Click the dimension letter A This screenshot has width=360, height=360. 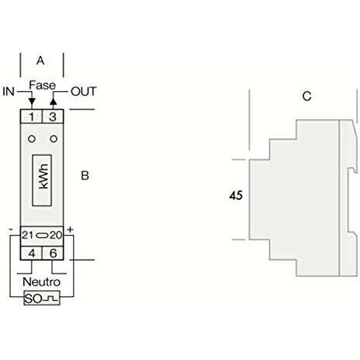coord(40,61)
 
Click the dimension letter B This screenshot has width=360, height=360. coord(85,176)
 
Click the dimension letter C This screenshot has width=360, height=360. coord(307,96)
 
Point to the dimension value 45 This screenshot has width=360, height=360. coord(236,195)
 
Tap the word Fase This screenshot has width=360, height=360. coord(42,85)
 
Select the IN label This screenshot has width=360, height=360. coord(9,92)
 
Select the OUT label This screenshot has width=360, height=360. coord(83,92)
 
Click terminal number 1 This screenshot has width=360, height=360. coord(32,117)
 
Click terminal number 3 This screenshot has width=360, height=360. coord(53,117)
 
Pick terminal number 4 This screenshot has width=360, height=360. coord(32,253)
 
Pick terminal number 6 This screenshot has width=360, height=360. coord(53,253)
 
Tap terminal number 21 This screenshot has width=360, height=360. coord(27,235)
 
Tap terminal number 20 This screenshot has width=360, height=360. coord(56,235)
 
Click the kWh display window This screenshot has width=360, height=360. coord(42,180)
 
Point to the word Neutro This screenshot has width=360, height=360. coord(41,282)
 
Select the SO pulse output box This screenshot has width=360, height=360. coord(42,298)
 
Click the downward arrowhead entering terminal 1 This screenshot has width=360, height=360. coord(32,101)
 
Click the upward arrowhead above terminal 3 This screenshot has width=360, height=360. coord(53,101)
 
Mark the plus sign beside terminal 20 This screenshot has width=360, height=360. coord(70,229)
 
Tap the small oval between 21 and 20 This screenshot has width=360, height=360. coord(42,236)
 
